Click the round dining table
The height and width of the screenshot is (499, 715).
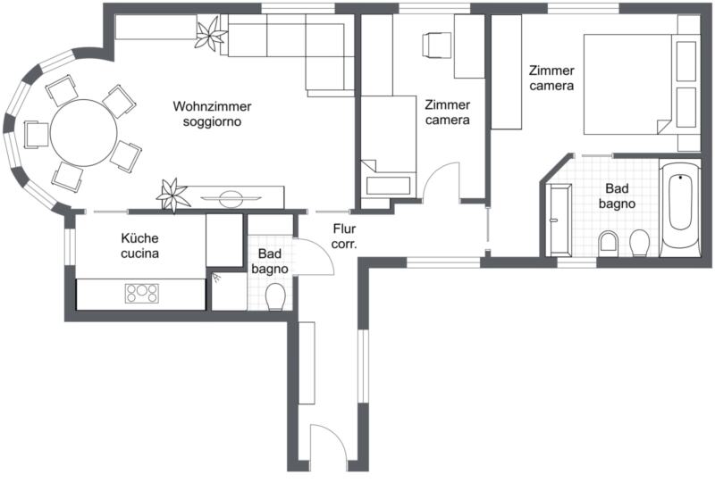(x=83, y=132)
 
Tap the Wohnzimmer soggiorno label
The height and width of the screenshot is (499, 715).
(x=212, y=114)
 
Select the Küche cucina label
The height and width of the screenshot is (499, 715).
(x=140, y=245)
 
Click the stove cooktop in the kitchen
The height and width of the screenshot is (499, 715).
(x=142, y=293)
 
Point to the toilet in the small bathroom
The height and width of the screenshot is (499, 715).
(x=275, y=296)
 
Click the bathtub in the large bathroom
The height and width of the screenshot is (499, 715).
(x=680, y=208)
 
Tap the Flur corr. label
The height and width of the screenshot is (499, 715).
(x=344, y=236)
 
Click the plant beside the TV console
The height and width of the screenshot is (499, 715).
(x=172, y=195)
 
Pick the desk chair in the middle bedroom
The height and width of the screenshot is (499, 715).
(x=431, y=45)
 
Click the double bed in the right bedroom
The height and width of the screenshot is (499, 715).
(x=628, y=84)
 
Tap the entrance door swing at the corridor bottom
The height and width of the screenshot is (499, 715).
(x=328, y=443)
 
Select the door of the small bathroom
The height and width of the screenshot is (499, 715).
(x=315, y=257)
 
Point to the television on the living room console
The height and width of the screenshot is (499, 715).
(x=231, y=198)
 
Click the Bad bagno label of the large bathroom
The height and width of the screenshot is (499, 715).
(x=617, y=195)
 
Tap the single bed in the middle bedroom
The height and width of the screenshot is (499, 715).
(x=389, y=146)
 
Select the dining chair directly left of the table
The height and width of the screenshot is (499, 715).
(x=37, y=134)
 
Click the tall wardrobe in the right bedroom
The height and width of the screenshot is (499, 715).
(x=506, y=72)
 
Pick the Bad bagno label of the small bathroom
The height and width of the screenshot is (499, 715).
(x=270, y=262)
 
